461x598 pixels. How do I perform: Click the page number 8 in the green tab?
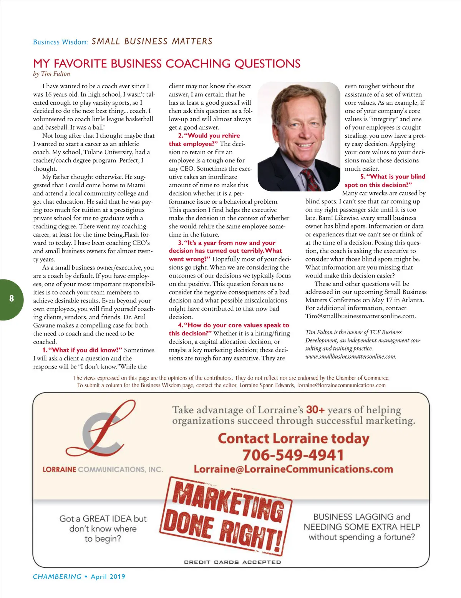pyautogui.click(x=12, y=298)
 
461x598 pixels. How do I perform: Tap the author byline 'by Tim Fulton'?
pyautogui.click(x=51, y=74)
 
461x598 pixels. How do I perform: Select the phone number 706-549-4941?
pyautogui.click(x=293, y=455)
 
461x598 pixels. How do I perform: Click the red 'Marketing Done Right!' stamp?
pyautogui.click(x=227, y=515)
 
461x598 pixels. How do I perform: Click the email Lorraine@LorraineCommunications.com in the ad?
pyautogui.click(x=294, y=469)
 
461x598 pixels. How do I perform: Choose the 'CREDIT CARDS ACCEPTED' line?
pyautogui.click(x=232, y=562)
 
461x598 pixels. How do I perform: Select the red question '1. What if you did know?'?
pyautogui.click(x=82, y=350)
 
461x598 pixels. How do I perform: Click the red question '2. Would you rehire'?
pyautogui.click(x=209, y=135)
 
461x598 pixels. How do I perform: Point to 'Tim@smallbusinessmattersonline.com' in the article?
pyautogui.click(x=360, y=316)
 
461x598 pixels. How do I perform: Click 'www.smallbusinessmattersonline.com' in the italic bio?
pyautogui.click(x=350, y=357)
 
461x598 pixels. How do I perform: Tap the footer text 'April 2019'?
pyautogui.click(x=108, y=577)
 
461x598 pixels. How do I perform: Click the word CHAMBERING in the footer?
pyautogui.click(x=57, y=577)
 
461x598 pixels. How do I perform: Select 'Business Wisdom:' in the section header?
pyautogui.click(x=61, y=42)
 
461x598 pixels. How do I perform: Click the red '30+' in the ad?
pyautogui.click(x=315, y=410)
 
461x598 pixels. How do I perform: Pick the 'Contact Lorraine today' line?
pyautogui.click(x=294, y=438)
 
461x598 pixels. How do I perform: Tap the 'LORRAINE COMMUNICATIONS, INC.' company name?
pyautogui.click(x=103, y=469)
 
